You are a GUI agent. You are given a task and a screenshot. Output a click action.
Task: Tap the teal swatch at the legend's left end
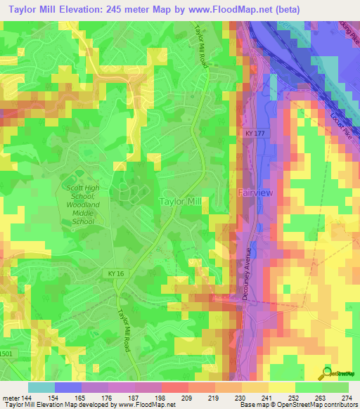click(41, 387)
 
